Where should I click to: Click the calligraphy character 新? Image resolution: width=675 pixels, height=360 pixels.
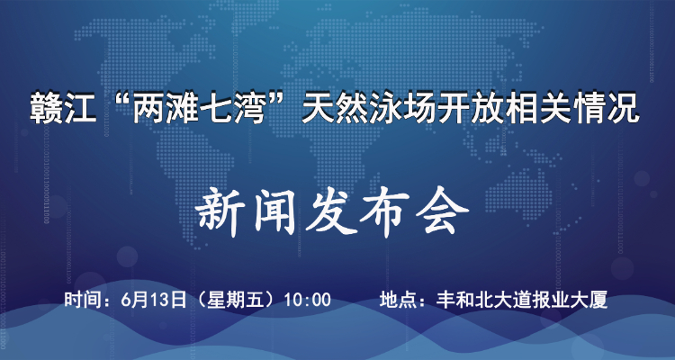[219, 212]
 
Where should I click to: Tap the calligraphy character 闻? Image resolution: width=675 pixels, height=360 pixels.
[275, 212]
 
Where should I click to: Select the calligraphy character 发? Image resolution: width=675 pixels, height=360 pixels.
[330, 212]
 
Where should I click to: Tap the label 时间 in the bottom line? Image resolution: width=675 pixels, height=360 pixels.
[79, 300]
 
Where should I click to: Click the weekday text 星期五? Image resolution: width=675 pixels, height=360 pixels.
[229, 300]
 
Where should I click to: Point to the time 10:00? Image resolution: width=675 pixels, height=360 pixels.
[307, 300]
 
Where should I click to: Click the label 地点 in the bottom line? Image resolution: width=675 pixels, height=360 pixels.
[395, 300]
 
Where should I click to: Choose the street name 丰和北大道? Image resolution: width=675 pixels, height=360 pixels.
[472, 300]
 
